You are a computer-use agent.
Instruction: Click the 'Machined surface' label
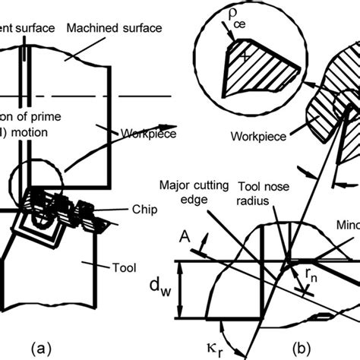coord(114,28)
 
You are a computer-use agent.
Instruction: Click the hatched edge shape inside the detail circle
coord(251,71)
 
